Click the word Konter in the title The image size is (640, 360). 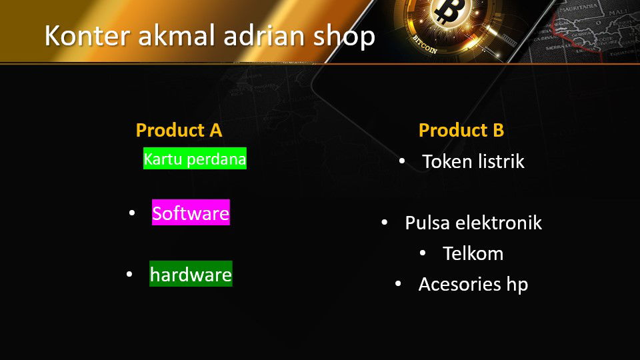click(x=87, y=35)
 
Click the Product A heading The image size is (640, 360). click(x=179, y=130)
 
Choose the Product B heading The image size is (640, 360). click(x=461, y=130)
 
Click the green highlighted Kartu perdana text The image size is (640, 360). click(x=195, y=159)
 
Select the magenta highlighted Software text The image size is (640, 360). click(x=191, y=212)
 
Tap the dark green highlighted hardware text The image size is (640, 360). click(x=191, y=273)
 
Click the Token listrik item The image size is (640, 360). click(x=473, y=161)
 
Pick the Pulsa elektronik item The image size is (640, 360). click(x=473, y=223)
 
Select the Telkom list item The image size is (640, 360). click(x=473, y=253)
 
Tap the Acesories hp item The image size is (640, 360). click(x=473, y=285)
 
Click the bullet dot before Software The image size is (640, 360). click(x=132, y=213)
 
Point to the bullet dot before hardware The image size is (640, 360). click(x=129, y=274)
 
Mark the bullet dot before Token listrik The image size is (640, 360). click(x=402, y=161)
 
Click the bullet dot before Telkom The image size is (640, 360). click(x=423, y=253)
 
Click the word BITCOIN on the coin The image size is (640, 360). click(x=425, y=45)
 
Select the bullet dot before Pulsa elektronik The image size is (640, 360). click(x=385, y=223)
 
